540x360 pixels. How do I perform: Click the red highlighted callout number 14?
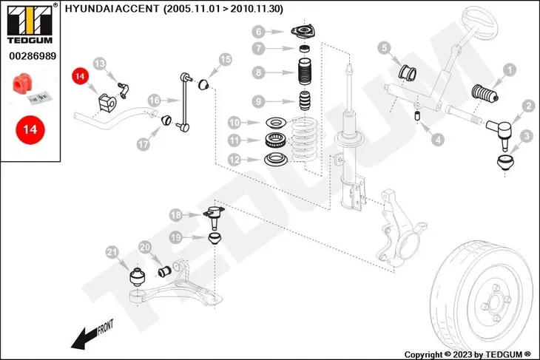click(79, 76)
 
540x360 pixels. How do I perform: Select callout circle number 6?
click(258, 32)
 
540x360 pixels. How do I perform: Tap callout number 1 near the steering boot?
click(509, 70)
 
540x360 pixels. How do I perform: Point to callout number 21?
click(112, 253)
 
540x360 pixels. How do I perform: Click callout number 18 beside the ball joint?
click(175, 215)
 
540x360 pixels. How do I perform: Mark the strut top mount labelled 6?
click(303, 33)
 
